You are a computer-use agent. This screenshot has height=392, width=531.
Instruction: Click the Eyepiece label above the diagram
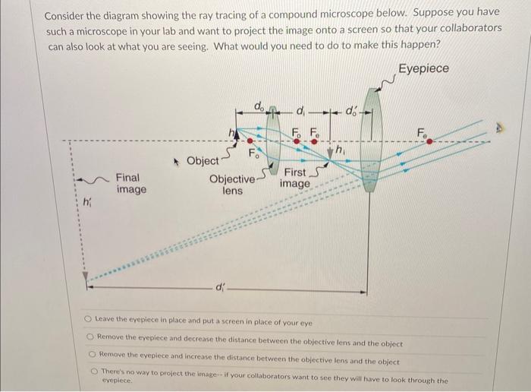tap(423, 68)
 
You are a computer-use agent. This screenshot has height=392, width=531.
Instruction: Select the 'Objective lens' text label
tap(232, 185)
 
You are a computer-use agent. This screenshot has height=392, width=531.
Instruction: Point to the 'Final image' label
tap(131, 183)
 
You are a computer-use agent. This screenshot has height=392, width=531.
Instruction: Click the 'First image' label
tap(295, 178)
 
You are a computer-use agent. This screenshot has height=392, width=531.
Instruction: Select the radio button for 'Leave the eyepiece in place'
tap(89, 321)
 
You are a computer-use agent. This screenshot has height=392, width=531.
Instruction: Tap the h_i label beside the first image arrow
tap(339, 150)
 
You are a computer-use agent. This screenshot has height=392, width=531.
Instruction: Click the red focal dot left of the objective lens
tap(256, 143)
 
